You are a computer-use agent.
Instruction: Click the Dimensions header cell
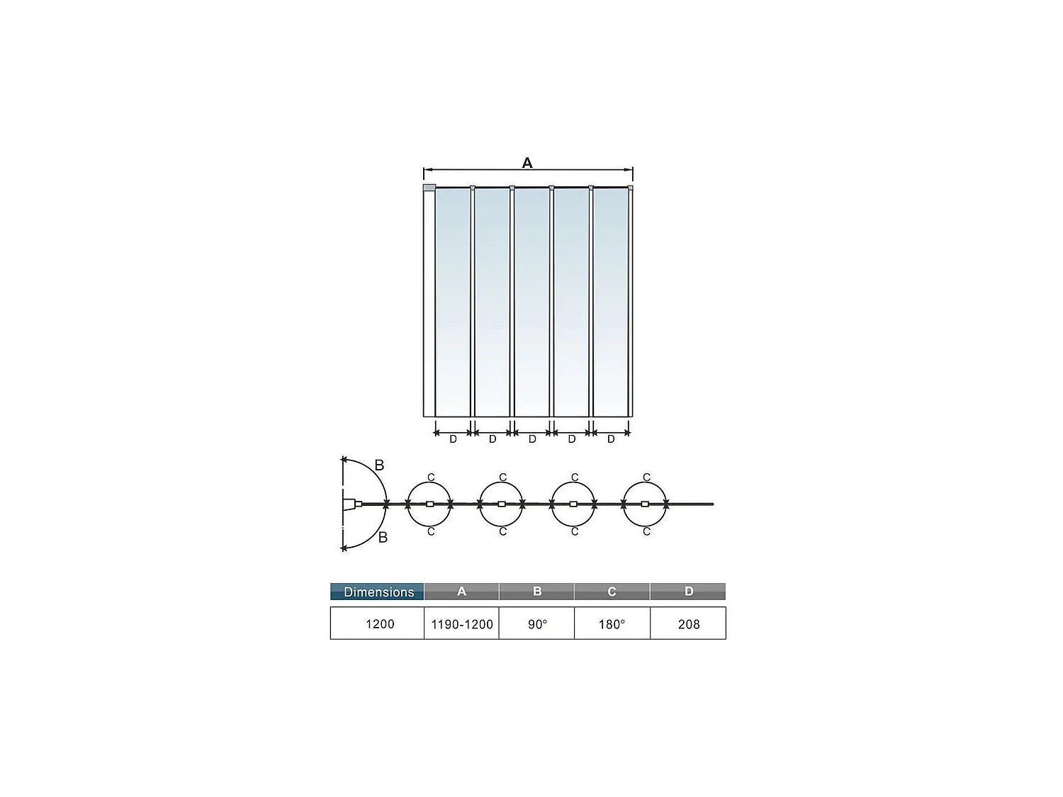pyautogui.click(x=378, y=592)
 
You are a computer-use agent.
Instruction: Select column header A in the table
pyautogui.click(x=461, y=592)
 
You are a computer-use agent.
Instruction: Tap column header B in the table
pyautogui.click(x=537, y=592)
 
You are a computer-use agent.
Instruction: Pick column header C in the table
pyautogui.click(x=612, y=592)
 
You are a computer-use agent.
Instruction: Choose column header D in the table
pyautogui.click(x=688, y=592)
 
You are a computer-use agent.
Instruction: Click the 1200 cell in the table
pyautogui.click(x=379, y=624)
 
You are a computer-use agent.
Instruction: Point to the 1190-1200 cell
pyautogui.click(x=461, y=624)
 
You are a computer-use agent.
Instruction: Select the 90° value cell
pyautogui.click(x=537, y=624)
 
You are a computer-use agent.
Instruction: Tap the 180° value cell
pyautogui.click(x=612, y=624)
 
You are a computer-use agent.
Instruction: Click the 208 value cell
pyautogui.click(x=688, y=624)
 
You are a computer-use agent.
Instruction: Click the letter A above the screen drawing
pyautogui.click(x=527, y=163)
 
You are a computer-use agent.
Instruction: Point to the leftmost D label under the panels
pyautogui.click(x=454, y=439)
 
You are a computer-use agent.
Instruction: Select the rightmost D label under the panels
pyautogui.click(x=611, y=439)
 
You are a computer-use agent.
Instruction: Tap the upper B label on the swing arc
pyautogui.click(x=379, y=465)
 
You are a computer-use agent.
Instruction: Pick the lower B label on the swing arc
pyautogui.click(x=383, y=538)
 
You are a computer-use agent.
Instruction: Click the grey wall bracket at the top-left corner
pyautogui.click(x=429, y=188)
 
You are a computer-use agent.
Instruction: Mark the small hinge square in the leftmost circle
pyautogui.click(x=429, y=504)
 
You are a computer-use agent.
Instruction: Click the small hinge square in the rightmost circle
pyautogui.click(x=645, y=504)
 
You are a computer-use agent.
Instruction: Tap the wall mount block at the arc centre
pyautogui.click(x=349, y=504)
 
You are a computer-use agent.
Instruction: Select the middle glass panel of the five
pyautogui.click(x=531, y=301)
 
